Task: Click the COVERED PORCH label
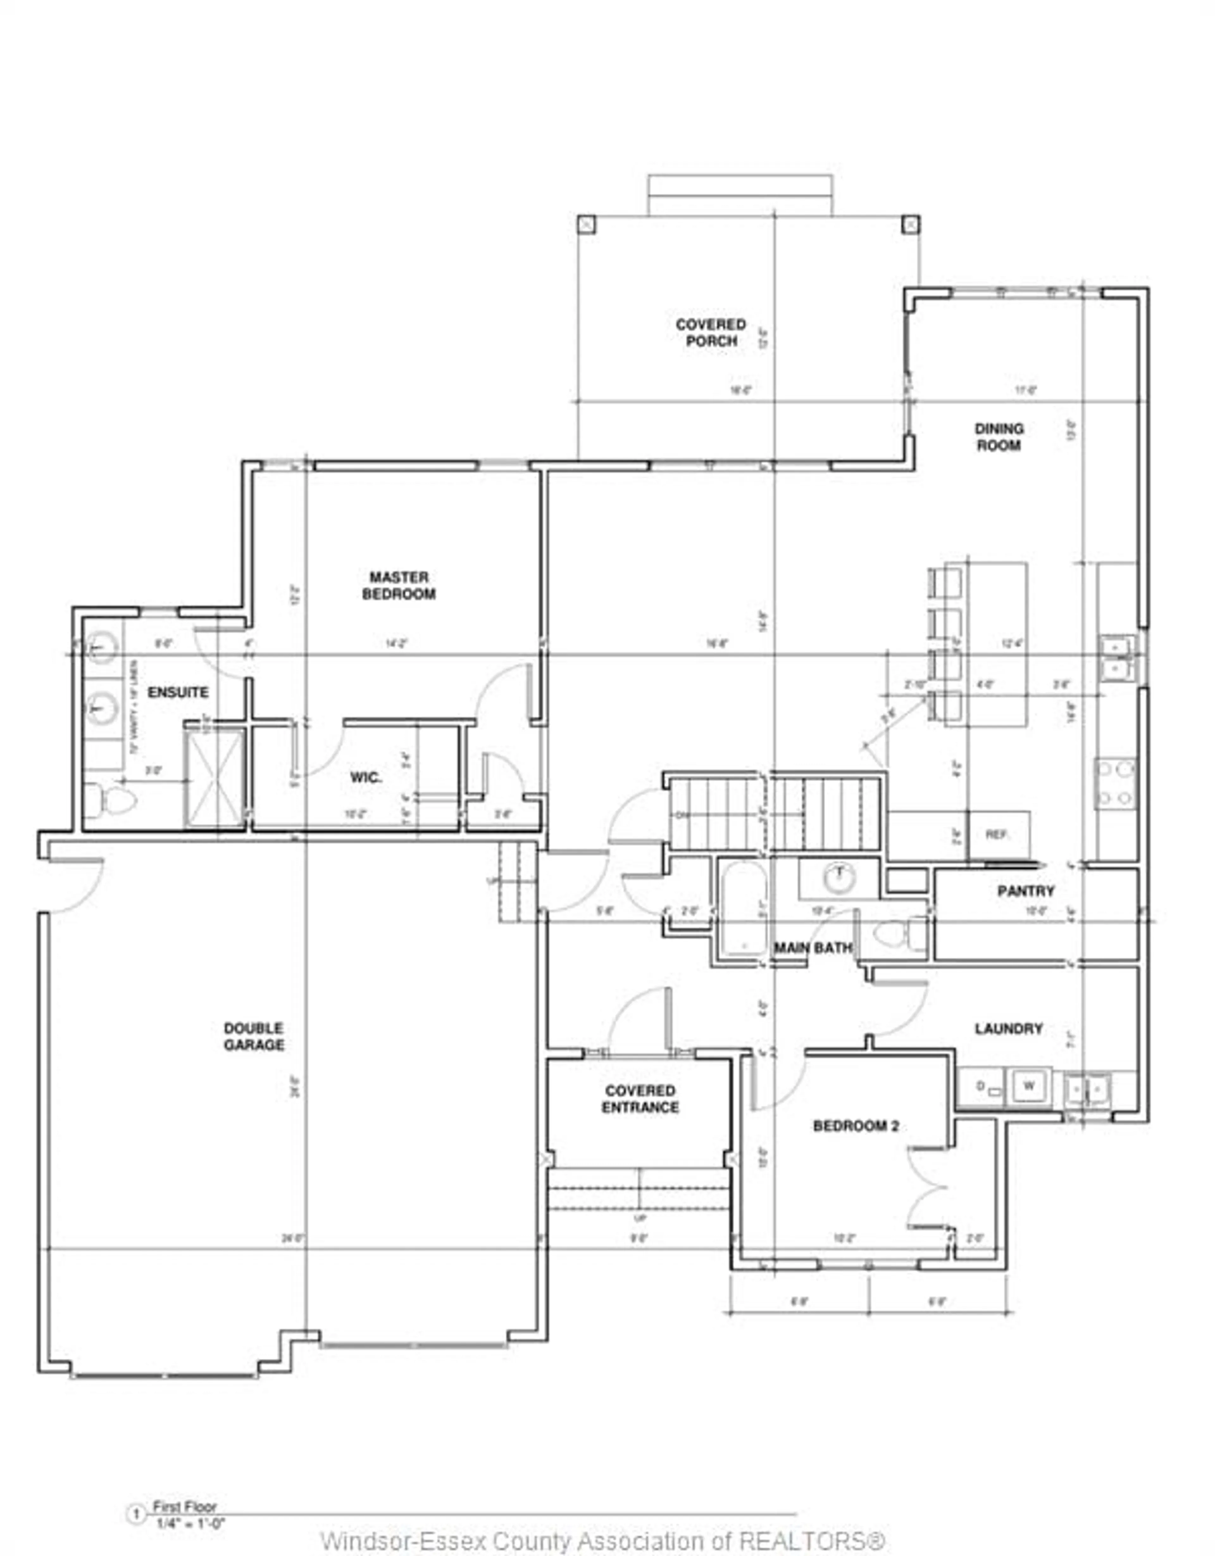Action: click(711, 333)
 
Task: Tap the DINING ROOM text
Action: click(999, 437)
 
